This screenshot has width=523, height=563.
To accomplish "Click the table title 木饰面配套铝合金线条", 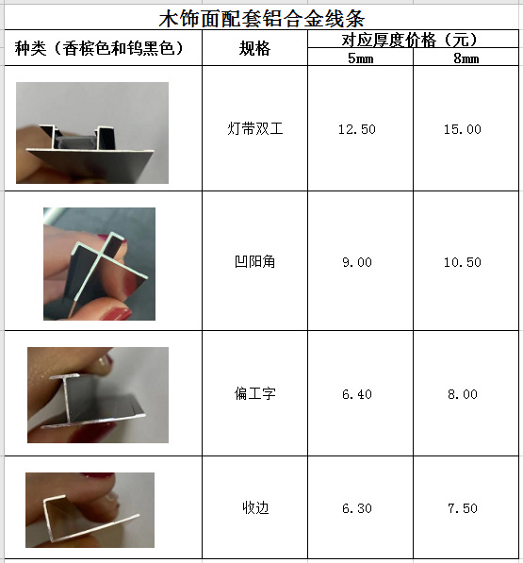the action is [x=262, y=19].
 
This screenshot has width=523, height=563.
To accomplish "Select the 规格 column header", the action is [x=254, y=48].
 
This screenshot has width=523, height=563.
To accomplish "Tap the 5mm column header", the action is [x=361, y=58].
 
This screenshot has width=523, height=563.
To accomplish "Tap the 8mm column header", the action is [x=466, y=58].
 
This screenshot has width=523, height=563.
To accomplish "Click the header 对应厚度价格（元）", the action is [x=410, y=40].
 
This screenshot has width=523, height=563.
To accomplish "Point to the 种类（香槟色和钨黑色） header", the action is [x=99, y=48].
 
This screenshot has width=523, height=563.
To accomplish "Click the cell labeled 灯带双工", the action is [x=255, y=128].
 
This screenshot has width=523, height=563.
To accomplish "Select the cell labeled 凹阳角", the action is [x=254, y=261].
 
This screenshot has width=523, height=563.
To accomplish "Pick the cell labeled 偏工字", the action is [x=254, y=393].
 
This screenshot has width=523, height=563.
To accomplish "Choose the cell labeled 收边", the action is [x=255, y=507].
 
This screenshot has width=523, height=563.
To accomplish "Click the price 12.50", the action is [x=357, y=129].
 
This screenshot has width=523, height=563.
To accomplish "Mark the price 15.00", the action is [x=463, y=129].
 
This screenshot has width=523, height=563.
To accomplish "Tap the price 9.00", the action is [x=357, y=262].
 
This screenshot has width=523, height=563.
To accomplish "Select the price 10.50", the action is [x=463, y=262].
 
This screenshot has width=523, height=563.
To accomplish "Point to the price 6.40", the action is [x=357, y=394].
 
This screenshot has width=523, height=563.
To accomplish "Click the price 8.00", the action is [x=463, y=394].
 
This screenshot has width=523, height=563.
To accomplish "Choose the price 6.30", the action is [x=357, y=508].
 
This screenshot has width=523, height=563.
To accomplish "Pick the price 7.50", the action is [x=463, y=508].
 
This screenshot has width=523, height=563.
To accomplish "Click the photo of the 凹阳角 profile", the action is [x=99, y=264].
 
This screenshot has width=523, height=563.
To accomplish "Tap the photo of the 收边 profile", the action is [x=90, y=510].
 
